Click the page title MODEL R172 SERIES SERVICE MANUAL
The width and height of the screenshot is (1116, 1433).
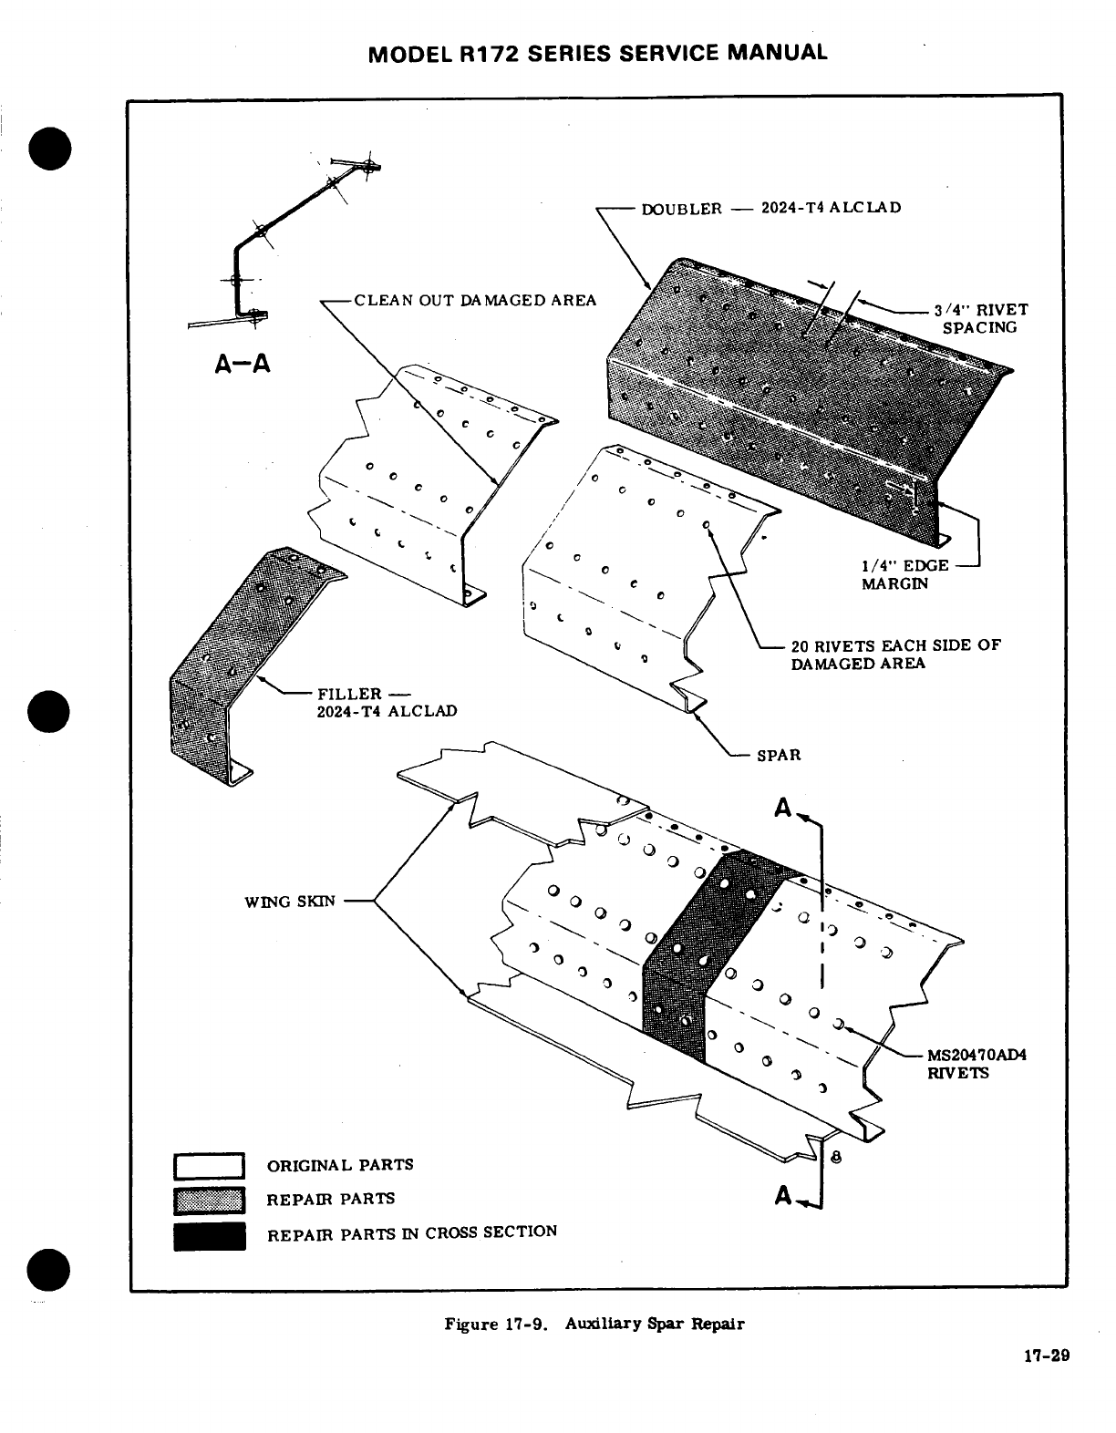597,52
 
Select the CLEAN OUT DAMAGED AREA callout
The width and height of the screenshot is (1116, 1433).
475,300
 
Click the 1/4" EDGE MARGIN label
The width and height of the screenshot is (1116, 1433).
904,574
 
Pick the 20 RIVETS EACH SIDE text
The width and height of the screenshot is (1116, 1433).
895,654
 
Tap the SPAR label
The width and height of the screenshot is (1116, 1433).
779,755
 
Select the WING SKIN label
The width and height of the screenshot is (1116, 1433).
290,902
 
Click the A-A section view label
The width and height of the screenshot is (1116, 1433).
242,364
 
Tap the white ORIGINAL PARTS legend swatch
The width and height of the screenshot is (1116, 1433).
209,1166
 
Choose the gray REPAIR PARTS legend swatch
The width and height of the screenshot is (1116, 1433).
209,1201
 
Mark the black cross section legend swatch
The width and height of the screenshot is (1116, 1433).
209,1236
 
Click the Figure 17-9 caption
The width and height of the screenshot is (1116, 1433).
594,1324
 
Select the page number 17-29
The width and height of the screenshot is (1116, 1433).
1045,1356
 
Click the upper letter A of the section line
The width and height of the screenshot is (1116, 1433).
782,808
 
